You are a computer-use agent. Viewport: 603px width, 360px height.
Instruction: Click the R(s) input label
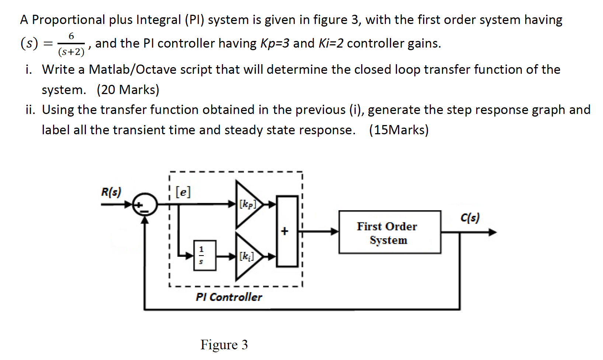111,192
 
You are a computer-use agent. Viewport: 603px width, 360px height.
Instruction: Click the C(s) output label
470,218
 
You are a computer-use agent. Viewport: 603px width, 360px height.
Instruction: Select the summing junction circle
146,204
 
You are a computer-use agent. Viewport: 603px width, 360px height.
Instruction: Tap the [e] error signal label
183,192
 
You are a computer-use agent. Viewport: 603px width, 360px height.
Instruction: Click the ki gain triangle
247,256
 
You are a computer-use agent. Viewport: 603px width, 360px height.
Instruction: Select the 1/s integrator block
205,255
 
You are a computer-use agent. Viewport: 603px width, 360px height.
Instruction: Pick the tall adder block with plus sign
287,231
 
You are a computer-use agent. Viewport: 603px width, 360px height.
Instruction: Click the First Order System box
390,232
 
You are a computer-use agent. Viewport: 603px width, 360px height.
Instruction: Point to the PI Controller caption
229,297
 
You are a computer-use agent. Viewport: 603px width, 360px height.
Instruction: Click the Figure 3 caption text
224,345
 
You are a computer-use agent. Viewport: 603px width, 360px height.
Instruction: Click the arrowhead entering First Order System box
335,232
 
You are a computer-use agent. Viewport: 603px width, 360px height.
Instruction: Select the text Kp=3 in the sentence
275,44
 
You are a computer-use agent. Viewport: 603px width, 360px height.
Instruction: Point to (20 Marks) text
128,90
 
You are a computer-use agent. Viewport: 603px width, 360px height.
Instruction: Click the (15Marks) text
399,130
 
